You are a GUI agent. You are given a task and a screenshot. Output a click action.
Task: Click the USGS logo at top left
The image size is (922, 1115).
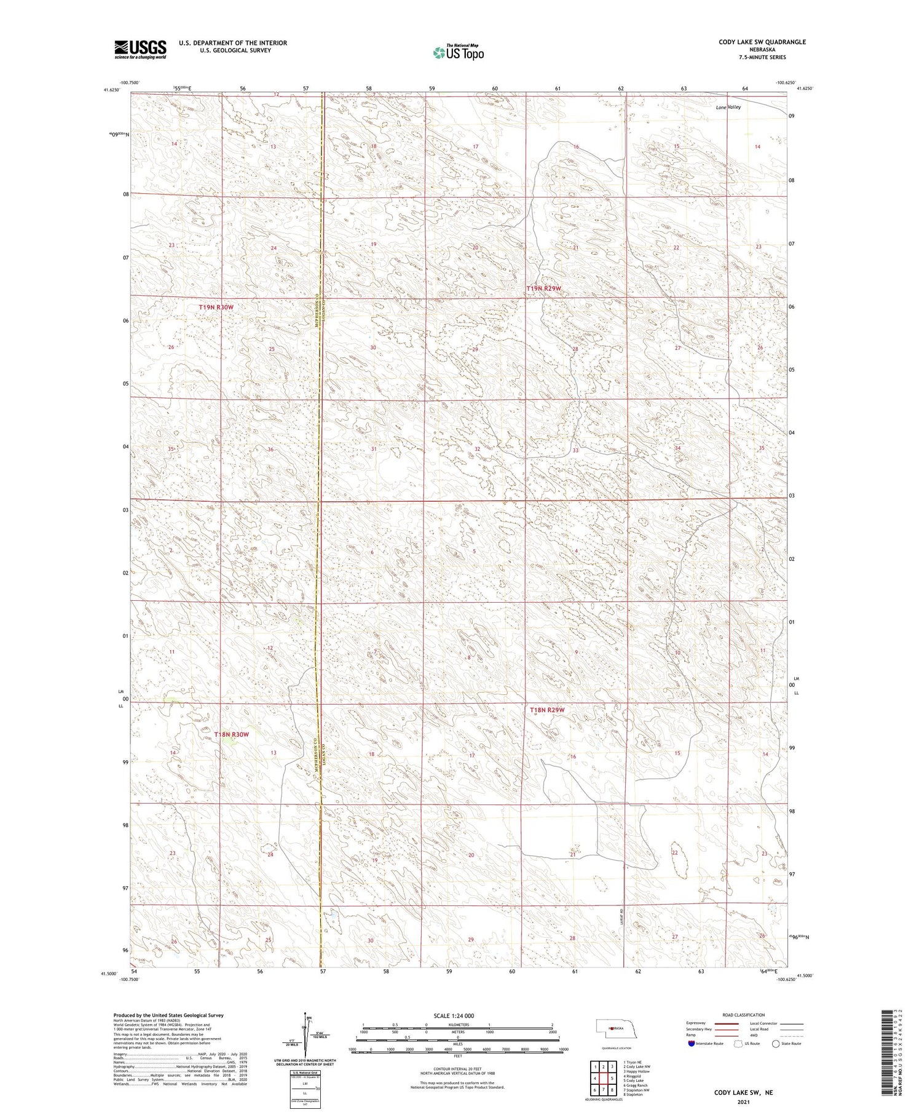pos(140,49)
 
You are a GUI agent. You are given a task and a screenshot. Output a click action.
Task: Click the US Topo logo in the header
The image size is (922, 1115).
pos(459,53)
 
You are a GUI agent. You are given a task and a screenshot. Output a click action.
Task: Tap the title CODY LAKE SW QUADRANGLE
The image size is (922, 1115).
pos(762,42)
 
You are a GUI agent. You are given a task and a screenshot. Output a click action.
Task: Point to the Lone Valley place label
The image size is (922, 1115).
pos(728,107)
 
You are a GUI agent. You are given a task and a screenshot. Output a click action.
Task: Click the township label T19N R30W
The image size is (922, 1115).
pos(216,307)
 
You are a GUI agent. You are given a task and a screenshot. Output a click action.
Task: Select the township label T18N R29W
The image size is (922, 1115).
pos(547,710)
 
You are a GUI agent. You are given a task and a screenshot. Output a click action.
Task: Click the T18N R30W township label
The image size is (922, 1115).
pos(232,734)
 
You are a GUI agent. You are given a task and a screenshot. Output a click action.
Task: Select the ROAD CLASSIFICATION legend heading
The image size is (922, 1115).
pos(744,1015)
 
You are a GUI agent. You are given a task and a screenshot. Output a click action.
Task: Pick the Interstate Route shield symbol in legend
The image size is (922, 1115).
pos(691,1043)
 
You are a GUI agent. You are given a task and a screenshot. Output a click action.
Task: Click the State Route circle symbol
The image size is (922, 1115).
pos(776,1043)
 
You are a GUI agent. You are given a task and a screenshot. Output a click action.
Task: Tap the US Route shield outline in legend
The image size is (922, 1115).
pos(738,1043)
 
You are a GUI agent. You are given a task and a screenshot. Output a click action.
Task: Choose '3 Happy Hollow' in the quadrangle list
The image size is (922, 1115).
pos(636,1071)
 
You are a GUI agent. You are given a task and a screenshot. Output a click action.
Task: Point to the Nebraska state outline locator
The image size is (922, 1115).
pos(612,1028)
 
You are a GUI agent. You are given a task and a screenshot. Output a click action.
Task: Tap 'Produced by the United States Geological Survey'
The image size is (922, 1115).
pos(168,1015)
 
